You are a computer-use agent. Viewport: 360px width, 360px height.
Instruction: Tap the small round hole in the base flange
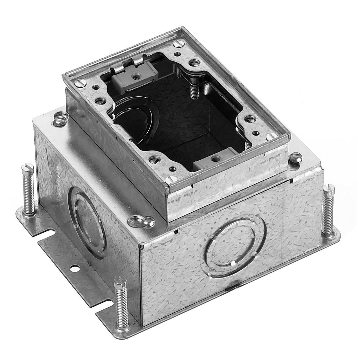pos(75,269)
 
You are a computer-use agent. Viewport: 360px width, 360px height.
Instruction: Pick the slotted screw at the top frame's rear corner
pos(179,44)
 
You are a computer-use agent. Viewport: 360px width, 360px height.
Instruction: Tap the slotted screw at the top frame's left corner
pos(81,83)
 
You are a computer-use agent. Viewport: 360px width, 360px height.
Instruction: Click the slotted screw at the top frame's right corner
pos(271,136)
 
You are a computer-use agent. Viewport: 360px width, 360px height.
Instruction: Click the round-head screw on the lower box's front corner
pos(141,221)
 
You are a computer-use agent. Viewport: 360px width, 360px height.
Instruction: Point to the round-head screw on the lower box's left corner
pos(60,119)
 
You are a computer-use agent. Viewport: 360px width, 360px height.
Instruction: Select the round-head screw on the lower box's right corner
pos(295,157)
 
